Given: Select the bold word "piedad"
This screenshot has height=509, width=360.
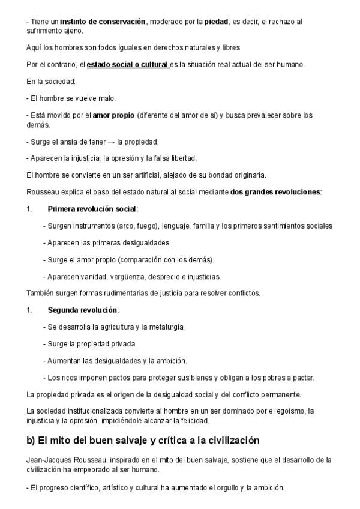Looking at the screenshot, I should pyautogui.click(x=217, y=21).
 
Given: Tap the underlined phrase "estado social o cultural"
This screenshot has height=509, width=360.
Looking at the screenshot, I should pyautogui.click(x=127, y=64).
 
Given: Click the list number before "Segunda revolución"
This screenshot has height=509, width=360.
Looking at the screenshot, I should pyautogui.click(x=29, y=310).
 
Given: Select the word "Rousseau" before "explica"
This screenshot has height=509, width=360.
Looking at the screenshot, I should pyautogui.click(x=44, y=192).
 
